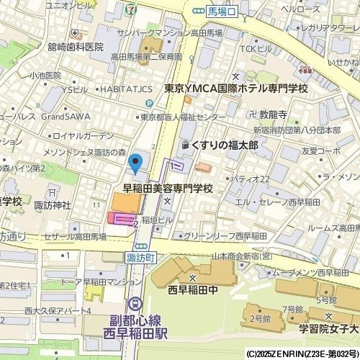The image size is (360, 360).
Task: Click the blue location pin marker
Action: (x=134, y=165)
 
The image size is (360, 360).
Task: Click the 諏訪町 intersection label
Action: (x=141, y=256)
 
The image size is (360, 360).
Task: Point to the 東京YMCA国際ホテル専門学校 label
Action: (x=235, y=89)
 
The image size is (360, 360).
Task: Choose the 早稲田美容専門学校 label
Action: (x=168, y=189)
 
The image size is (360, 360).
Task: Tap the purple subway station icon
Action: (x=135, y=305)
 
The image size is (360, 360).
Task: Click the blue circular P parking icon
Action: (x=138, y=104)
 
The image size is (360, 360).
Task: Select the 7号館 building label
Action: (x=291, y=309)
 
